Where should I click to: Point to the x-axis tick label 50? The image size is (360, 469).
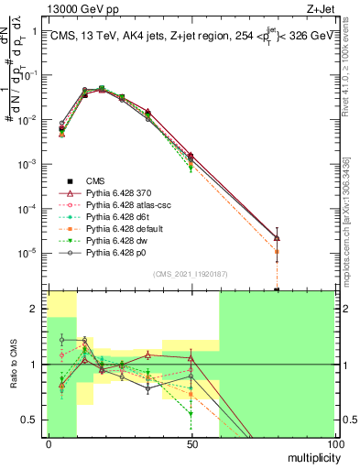(191, 444)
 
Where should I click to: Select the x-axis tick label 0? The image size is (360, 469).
(49, 444)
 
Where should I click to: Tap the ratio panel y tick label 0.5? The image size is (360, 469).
(32, 420)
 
